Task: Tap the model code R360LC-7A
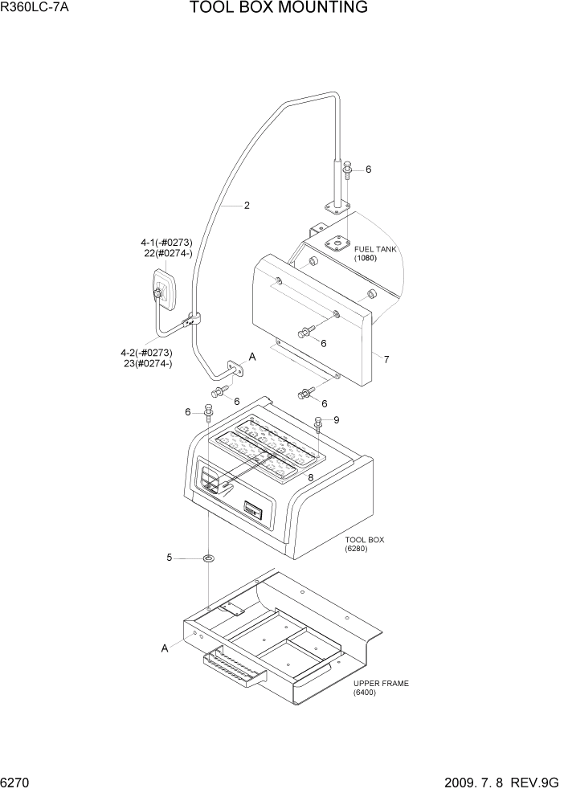[x=33, y=8]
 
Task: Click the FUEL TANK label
[x=375, y=249]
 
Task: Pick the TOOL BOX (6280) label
[x=364, y=540]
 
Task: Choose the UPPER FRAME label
[x=381, y=684]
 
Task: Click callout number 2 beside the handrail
[x=247, y=206]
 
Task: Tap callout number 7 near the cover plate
[x=386, y=360]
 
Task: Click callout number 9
[x=337, y=420]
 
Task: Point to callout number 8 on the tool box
[x=310, y=477]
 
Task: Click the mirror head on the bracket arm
[x=164, y=289]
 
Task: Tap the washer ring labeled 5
[x=208, y=558]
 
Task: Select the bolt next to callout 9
[x=318, y=423]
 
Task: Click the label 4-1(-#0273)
[x=166, y=242]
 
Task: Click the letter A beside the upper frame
[x=166, y=648]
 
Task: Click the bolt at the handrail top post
[x=347, y=170]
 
